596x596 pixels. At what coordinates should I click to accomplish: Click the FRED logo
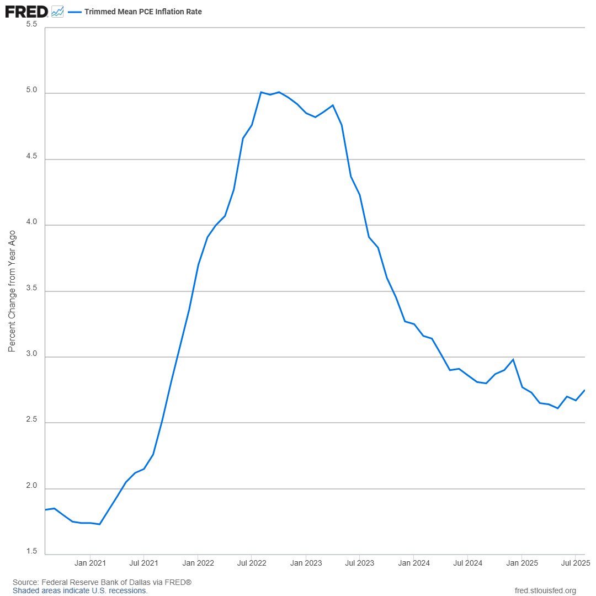(26, 10)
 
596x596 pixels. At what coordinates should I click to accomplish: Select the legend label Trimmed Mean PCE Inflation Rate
(143, 12)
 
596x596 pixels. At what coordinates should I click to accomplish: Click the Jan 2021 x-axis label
(90, 563)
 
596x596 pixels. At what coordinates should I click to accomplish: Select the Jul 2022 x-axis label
(252, 563)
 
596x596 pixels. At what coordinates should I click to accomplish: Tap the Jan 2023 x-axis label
(306, 563)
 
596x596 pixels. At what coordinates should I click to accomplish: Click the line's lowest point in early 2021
(99, 524)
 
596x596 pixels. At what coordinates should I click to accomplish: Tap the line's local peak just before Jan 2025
(513, 359)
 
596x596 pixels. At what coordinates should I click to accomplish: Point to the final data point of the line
(584, 390)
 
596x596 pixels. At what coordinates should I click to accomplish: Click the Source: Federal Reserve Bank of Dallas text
(102, 582)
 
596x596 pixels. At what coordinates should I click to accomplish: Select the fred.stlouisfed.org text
(545, 590)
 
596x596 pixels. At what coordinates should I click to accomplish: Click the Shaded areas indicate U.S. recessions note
(80, 590)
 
